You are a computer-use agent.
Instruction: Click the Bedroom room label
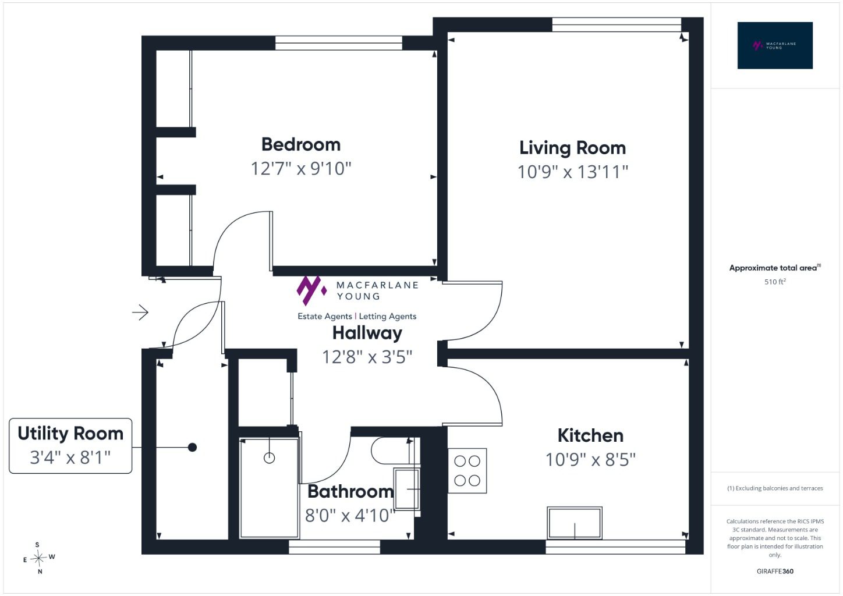pos(300,144)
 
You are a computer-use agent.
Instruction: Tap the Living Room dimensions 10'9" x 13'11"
pos(572,172)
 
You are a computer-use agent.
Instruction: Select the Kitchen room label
pos(590,435)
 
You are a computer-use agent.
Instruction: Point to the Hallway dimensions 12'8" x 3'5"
pos(367,357)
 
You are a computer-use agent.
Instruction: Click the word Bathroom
pos(350,491)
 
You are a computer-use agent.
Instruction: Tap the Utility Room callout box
pos(70,445)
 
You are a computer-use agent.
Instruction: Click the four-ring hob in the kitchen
pos(467,471)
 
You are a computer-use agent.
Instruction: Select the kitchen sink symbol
pos(575,523)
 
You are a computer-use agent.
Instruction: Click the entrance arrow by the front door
pos(140,312)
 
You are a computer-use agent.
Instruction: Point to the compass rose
pos(39,558)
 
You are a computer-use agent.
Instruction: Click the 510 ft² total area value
pos(775,282)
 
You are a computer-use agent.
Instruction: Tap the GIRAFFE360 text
pos(775,571)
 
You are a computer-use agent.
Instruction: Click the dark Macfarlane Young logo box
pos(775,45)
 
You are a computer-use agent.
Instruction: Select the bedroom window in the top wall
pos(339,43)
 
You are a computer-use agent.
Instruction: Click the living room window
pos(617,24)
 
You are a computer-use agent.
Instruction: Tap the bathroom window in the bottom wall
pos(335,547)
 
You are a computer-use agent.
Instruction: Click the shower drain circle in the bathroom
pos(270,458)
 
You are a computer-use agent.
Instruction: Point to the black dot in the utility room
pos(192,448)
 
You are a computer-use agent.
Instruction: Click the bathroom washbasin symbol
pos(406,489)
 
